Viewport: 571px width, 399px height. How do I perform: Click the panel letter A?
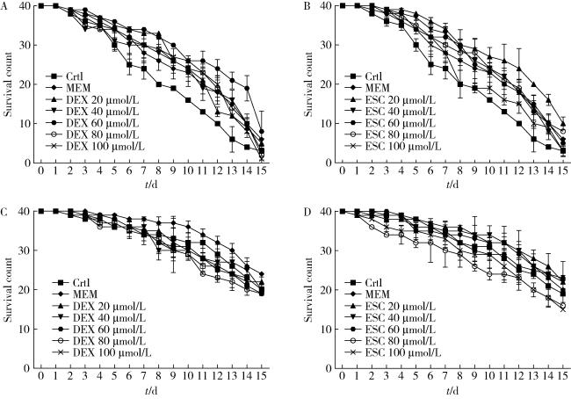click(x=4, y=5)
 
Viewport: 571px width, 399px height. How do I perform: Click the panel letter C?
click(x=4, y=211)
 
